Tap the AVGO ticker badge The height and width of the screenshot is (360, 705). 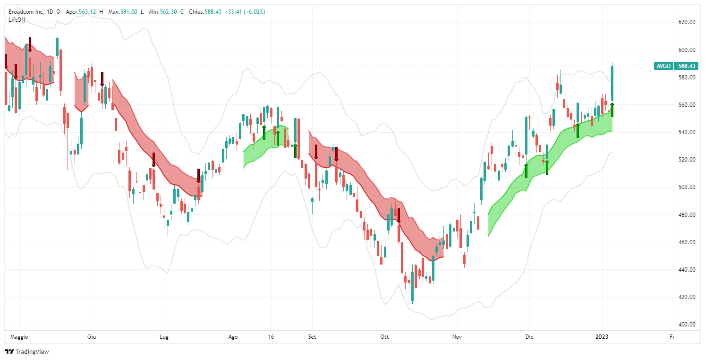click(663, 66)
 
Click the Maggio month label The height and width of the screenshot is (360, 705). click(19, 337)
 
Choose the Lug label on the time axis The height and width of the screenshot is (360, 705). click(164, 337)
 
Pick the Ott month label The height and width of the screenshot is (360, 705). click(384, 337)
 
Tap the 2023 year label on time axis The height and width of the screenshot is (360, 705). click(601, 337)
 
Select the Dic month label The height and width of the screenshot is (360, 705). click(529, 337)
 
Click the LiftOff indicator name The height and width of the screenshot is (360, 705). click(17, 19)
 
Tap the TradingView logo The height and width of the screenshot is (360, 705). click(27, 351)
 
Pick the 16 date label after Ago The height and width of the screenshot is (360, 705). click(271, 337)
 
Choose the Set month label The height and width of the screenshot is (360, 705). click(312, 337)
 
